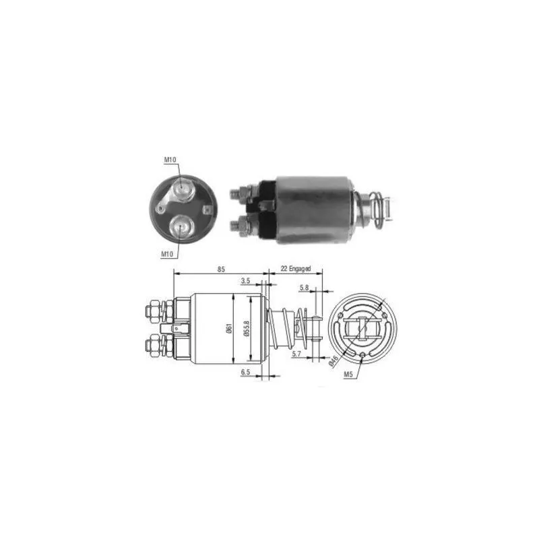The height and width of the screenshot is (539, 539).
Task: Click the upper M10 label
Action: pyautogui.click(x=170, y=160)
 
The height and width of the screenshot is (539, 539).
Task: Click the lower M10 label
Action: pyautogui.click(x=167, y=254)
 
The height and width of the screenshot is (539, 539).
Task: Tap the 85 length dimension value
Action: pyautogui.click(x=221, y=269)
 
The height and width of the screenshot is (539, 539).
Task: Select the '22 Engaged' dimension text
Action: pyautogui.click(x=296, y=268)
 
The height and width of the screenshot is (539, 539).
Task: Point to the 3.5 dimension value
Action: pyautogui.click(x=245, y=281)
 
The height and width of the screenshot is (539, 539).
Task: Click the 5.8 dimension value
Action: pyautogui.click(x=304, y=288)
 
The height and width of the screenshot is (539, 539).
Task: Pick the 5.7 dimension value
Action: pyautogui.click(x=296, y=353)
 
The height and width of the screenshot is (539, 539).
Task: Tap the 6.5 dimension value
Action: pyautogui.click(x=245, y=372)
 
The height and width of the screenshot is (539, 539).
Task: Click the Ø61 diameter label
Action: pyautogui.click(x=229, y=329)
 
